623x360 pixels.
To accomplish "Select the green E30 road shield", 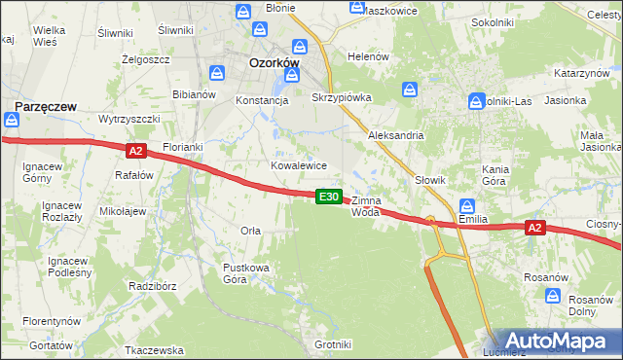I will coord(329,197).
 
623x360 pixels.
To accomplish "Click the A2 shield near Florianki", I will coord(135,151).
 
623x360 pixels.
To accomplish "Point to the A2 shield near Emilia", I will coord(533,228).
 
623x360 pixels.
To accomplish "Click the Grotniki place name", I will coord(333,344).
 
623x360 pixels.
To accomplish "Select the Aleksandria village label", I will coord(395,135).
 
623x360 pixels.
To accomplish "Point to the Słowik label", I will coord(430,180).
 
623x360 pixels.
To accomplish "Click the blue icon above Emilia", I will coord(467,206).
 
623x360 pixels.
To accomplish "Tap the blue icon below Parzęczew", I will coord(11,121).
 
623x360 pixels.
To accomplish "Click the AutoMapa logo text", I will coord(558,342).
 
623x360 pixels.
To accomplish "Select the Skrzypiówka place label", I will coord(337,98).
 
